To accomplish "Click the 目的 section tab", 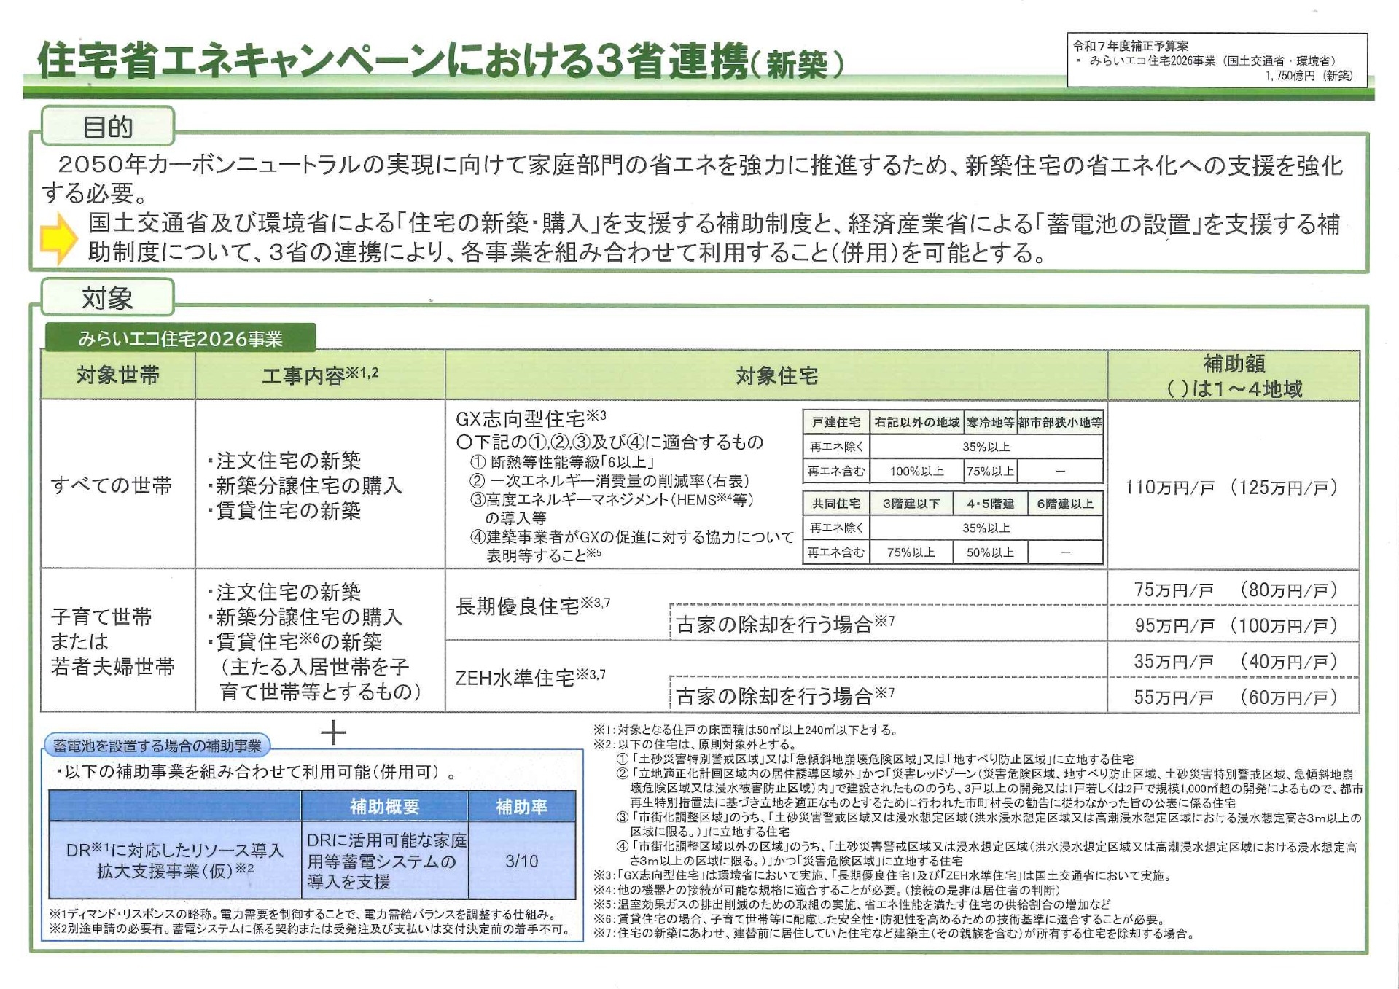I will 108,127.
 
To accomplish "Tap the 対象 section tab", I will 107,298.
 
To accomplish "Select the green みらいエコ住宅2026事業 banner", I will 180,339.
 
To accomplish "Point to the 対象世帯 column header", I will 117,375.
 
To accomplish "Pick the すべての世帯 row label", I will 112,485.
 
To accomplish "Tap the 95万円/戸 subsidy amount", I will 1173,625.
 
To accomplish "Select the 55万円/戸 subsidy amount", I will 1173,697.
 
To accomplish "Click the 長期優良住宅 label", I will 518,606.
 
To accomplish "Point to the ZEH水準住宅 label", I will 515,679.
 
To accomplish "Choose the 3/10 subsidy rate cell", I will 521,861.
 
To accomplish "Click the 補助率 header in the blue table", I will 521,807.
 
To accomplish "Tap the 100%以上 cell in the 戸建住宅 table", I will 916,472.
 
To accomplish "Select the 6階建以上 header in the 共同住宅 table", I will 1065,504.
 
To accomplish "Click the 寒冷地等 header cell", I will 990,422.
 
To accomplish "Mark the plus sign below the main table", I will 333,732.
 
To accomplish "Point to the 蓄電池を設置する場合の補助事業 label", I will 157,746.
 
